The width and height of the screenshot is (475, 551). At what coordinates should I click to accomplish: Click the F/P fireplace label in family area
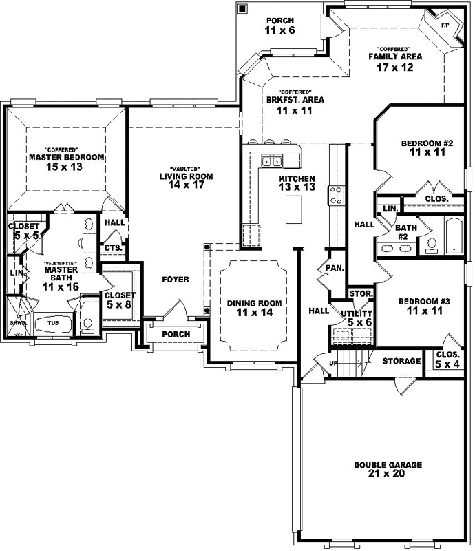445,25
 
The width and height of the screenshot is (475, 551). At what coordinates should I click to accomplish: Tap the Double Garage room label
388,465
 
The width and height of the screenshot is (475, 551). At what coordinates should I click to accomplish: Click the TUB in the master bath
53,322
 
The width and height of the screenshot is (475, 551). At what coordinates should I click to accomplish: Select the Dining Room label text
255,303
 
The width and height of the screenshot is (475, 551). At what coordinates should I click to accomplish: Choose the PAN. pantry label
336,268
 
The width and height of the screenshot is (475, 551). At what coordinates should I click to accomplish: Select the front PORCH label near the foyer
176,334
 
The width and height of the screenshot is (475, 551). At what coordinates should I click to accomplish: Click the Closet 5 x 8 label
120,299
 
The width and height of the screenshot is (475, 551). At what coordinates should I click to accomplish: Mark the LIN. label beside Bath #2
390,208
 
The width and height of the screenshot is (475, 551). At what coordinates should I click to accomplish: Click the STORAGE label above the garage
401,361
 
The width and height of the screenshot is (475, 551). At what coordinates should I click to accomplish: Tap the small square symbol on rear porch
242,9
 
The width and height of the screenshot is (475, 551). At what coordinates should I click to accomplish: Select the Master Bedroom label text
67,158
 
